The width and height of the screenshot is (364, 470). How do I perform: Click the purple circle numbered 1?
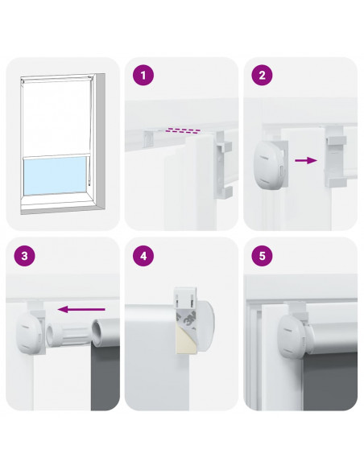143,75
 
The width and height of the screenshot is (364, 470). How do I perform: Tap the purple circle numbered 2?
262,75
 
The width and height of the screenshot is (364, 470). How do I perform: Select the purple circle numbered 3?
24,256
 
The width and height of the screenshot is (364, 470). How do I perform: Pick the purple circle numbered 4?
143,256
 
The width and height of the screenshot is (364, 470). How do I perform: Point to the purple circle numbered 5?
262,256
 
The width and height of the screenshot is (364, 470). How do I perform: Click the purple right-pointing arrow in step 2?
306,160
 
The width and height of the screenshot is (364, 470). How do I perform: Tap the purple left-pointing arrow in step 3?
81,309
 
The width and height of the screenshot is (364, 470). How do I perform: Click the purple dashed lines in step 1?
184,130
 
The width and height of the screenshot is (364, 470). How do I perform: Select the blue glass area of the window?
56,175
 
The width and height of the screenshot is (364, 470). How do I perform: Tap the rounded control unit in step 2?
268,168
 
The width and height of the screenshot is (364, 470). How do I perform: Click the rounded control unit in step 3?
29,332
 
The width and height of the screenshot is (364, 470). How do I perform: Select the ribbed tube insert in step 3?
68,335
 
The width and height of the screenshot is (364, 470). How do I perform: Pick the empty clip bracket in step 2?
335,156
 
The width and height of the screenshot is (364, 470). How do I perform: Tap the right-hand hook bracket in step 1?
223,165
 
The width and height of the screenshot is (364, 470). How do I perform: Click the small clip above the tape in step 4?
186,297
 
